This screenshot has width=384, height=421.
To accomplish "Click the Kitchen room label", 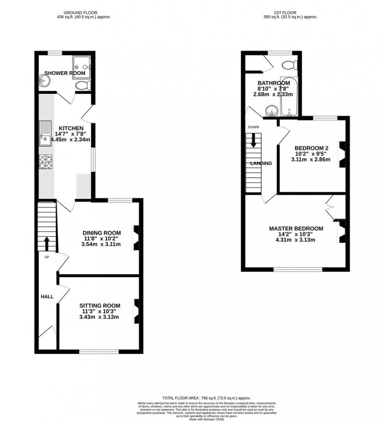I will [71, 128].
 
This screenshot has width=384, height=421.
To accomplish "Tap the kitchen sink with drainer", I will [45, 133].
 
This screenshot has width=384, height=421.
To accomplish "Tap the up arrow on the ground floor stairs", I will [47, 243].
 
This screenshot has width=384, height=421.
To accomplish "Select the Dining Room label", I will [101, 233].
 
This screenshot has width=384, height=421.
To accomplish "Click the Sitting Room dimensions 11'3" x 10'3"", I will [100, 311].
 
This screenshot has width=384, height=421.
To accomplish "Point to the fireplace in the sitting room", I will [136, 311].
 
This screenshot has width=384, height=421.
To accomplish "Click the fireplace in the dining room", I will [136, 238].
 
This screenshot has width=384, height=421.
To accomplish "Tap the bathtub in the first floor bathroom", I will [289, 97].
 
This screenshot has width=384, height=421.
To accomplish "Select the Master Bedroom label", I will [296, 229].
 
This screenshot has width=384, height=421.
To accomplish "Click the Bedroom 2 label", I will [311, 148].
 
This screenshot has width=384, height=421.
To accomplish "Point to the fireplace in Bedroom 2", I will [342, 155].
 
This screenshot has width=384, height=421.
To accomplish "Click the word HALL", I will [47, 297].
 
